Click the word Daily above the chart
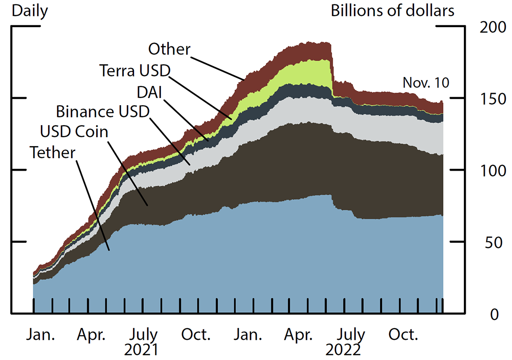click(x=30, y=11)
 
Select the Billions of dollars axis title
click(x=393, y=11)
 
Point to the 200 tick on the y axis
click(x=493, y=28)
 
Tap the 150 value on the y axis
click(x=493, y=98)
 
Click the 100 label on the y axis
click(x=493, y=171)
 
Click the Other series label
click(x=169, y=49)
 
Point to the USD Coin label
click(x=74, y=132)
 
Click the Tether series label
click(x=53, y=153)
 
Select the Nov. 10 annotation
click(x=426, y=82)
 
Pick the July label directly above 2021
click(x=141, y=334)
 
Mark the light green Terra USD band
click(x=307, y=71)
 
